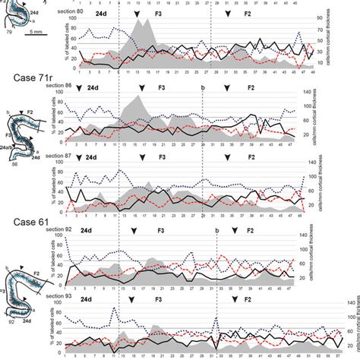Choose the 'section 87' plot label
(61, 156)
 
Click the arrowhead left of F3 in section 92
(134, 230)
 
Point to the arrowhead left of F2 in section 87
(226, 158)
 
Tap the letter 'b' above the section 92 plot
(216, 230)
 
